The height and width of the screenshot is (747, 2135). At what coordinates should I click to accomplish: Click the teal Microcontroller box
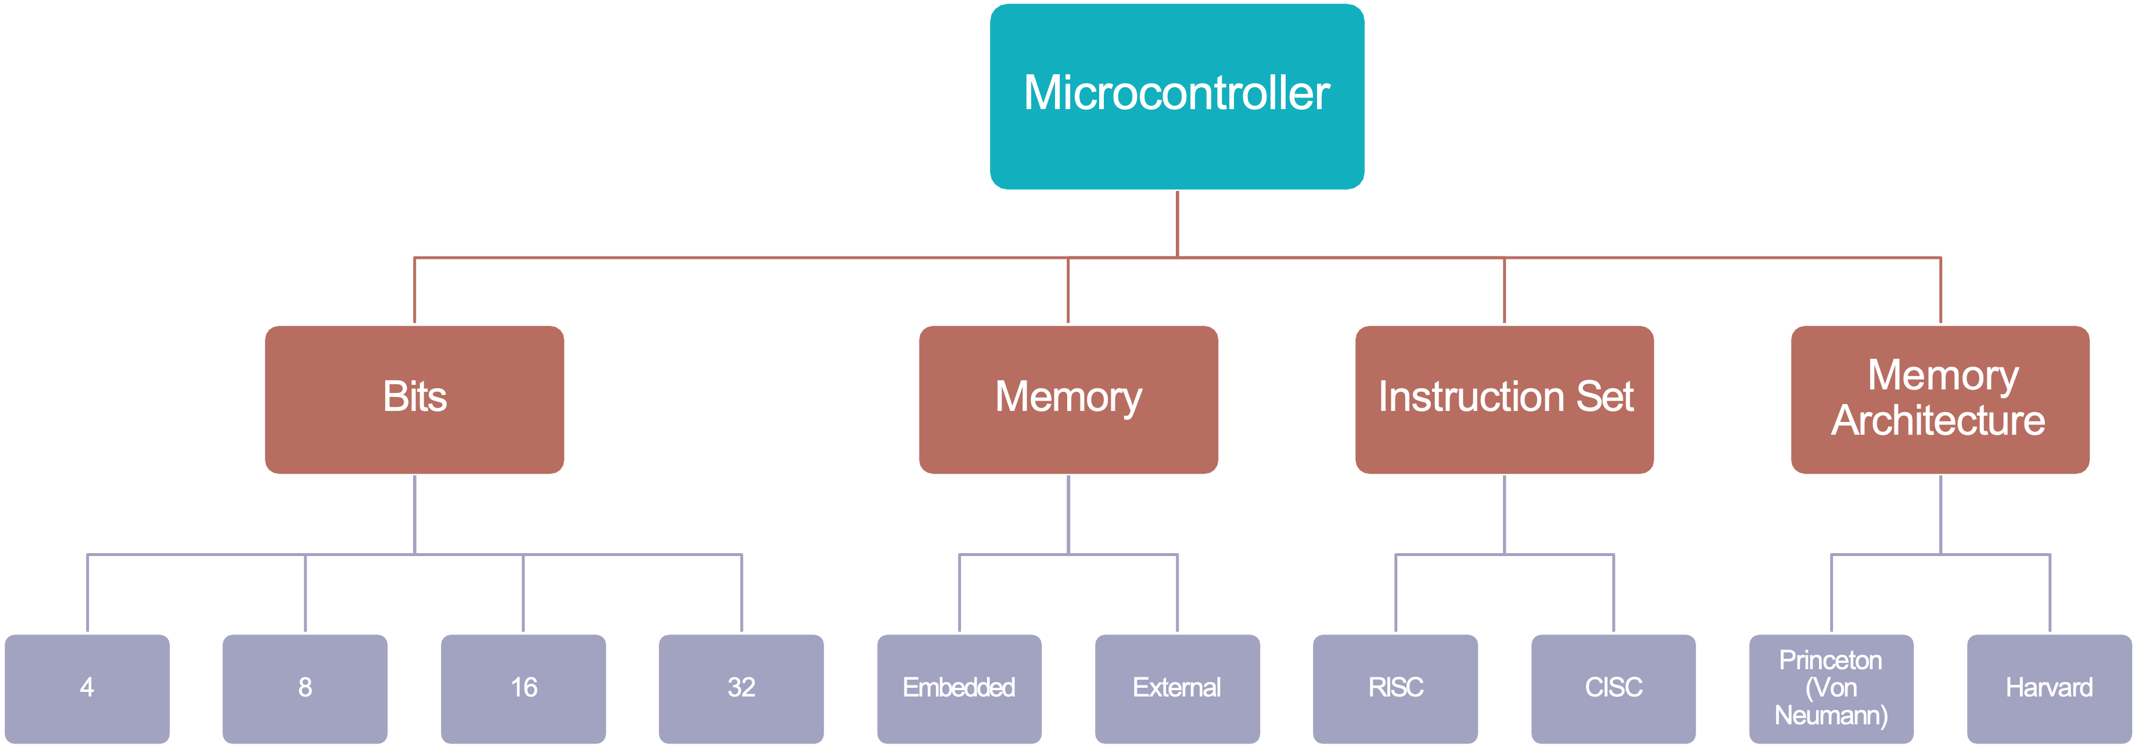point(1177,97)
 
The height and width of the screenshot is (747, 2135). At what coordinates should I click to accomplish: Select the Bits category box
point(414,399)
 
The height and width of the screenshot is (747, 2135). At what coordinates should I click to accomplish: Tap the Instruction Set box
point(1504,399)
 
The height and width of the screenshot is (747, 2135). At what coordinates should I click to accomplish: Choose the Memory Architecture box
point(1940,399)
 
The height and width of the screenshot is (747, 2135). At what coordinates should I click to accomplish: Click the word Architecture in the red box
point(1939,421)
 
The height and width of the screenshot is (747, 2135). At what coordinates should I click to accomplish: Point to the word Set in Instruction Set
point(1605,396)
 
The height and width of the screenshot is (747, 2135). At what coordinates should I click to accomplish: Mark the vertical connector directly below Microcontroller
point(1177,223)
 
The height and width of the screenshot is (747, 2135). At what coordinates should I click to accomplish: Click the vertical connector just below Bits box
point(414,514)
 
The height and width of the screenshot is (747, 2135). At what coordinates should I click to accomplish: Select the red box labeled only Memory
point(1068,399)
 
